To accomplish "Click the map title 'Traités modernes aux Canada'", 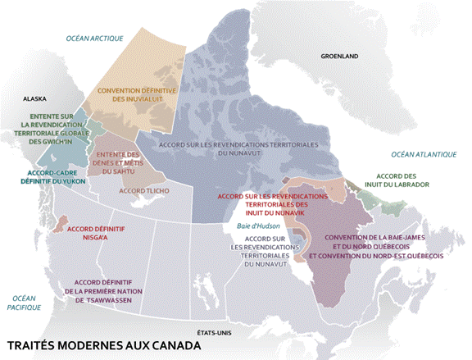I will pos(102,345).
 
